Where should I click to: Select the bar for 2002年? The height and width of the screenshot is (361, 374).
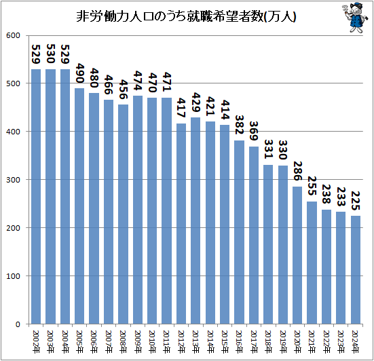(x=36, y=197)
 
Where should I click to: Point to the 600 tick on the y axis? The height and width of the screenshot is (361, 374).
(x=14, y=35)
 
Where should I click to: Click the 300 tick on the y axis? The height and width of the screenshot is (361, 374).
(x=14, y=180)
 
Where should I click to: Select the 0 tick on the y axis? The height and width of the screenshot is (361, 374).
(x=19, y=324)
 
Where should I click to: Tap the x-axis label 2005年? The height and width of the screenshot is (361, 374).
(x=80, y=338)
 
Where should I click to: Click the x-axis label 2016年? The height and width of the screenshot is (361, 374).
(x=240, y=338)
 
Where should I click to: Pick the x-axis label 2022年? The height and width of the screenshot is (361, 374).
(x=327, y=338)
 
